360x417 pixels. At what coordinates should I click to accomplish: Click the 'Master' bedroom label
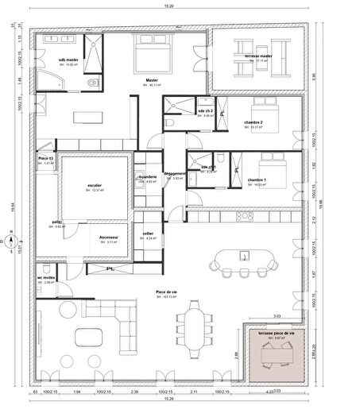click(x=151, y=79)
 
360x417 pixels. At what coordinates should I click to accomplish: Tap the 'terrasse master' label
click(x=259, y=56)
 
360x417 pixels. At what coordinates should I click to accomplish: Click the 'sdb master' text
click(x=68, y=60)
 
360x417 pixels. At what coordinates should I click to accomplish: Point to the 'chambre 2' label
click(x=254, y=122)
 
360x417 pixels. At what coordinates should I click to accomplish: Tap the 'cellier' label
click(x=149, y=234)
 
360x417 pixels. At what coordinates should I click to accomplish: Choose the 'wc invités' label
click(x=45, y=277)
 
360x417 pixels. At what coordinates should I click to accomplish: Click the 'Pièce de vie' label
click(x=166, y=292)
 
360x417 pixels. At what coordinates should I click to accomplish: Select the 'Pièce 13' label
click(x=45, y=159)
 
